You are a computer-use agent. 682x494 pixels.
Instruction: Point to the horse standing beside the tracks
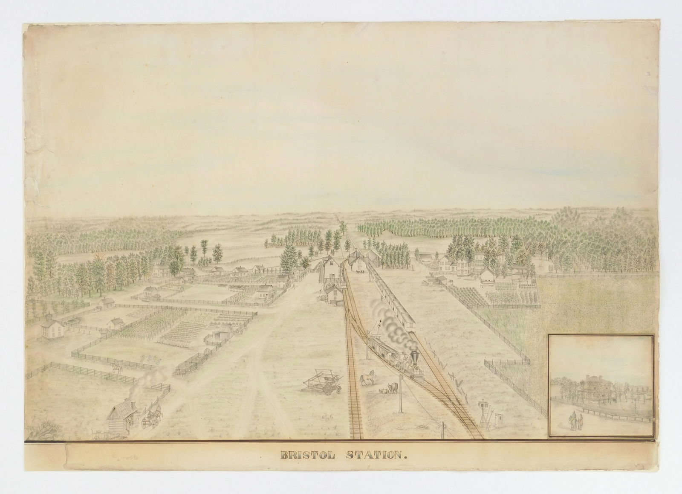[367, 377]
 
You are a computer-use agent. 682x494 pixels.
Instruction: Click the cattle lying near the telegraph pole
[390, 388]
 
